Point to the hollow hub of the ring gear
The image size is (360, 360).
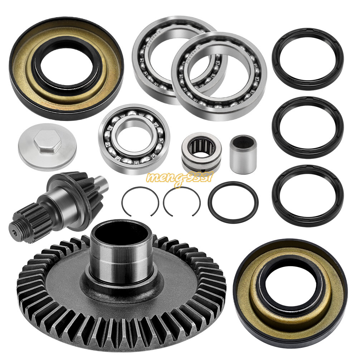click(121, 250)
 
